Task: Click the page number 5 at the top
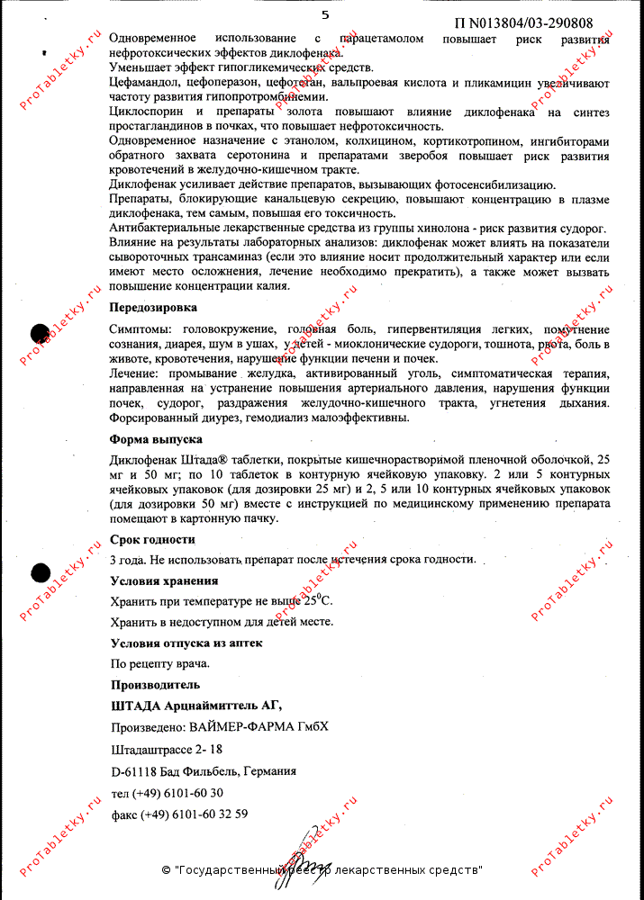(x=325, y=14)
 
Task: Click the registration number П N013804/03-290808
(x=523, y=22)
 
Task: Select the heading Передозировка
(x=153, y=308)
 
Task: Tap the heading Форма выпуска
(x=156, y=439)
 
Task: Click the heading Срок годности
(x=152, y=539)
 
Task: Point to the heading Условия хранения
(x=164, y=580)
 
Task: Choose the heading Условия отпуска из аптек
(x=186, y=643)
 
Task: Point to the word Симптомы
(x=139, y=329)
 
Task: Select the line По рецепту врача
(x=159, y=663)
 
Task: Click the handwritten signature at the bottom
(x=304, y=852)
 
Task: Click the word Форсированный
(x=152, y=418)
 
